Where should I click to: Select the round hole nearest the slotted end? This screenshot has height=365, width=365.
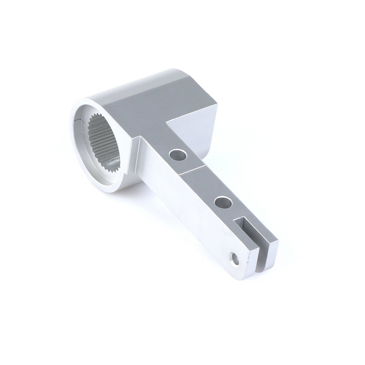[223, 202]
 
